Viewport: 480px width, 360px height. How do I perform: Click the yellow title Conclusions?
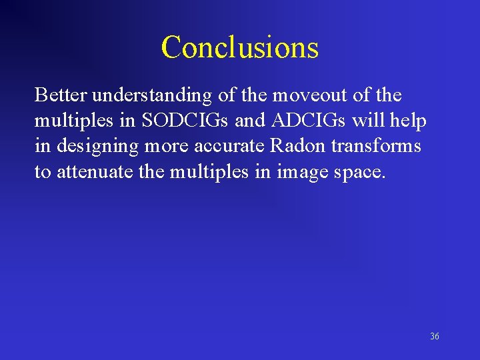pos(240,47)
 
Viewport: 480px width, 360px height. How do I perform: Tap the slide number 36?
pos(435,337)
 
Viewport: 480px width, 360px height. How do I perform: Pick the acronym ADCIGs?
pos(309,121)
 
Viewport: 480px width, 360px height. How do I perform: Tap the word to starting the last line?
pos(43,172)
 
